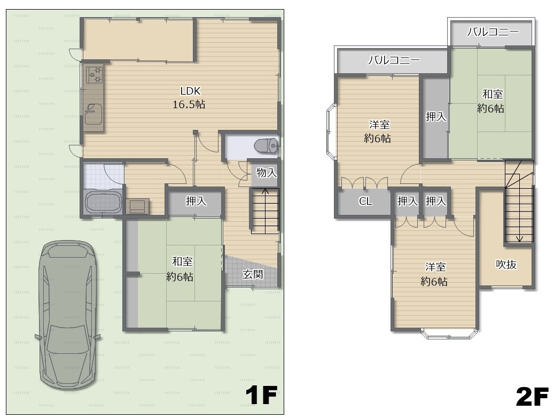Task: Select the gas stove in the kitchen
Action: tap(94, 74)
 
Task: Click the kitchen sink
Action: tap(93, 113)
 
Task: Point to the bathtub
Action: tap(103, 202)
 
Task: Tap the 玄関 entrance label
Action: tap(253, 274)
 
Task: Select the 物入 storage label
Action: tap(267, 173)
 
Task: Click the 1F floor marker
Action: tap(261, 395)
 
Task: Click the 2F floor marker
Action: tap(532, 397)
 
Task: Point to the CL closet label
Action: tap(365, 201)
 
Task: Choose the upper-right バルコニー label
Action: tap(493, 32)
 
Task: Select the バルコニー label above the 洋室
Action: tap(394, 60)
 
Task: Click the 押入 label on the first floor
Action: tap(196, 201)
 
